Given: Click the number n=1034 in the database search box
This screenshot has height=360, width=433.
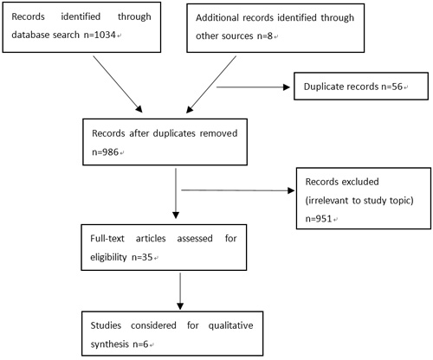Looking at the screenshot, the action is point(100,35).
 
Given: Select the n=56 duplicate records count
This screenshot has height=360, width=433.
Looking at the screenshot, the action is point(391,87).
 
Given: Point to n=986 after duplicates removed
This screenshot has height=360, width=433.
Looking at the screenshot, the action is point(105,151).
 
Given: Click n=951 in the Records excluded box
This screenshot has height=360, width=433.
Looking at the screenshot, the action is point(319,219).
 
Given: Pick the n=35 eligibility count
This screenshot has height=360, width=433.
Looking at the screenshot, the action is point(142,257).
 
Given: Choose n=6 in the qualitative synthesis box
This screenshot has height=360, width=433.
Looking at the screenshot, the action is point(140,344).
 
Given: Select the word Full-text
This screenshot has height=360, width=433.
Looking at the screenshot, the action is point(107,238).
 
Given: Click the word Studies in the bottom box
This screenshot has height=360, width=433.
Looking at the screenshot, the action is point(106,325).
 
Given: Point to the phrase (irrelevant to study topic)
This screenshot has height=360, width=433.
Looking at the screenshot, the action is point(359,201).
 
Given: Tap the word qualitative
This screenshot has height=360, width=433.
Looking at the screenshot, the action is point(230,326).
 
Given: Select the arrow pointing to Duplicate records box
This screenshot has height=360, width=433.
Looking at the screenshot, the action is point(253,87).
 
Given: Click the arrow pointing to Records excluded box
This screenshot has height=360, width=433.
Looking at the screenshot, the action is point(238,190).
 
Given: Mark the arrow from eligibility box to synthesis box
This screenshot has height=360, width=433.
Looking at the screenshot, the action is point(180,292).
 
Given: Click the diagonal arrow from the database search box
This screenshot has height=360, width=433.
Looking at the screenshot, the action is point(118,84).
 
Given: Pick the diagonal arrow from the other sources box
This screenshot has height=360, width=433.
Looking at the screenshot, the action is point(211,84).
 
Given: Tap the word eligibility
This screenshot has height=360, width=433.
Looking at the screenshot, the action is point(108,257).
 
